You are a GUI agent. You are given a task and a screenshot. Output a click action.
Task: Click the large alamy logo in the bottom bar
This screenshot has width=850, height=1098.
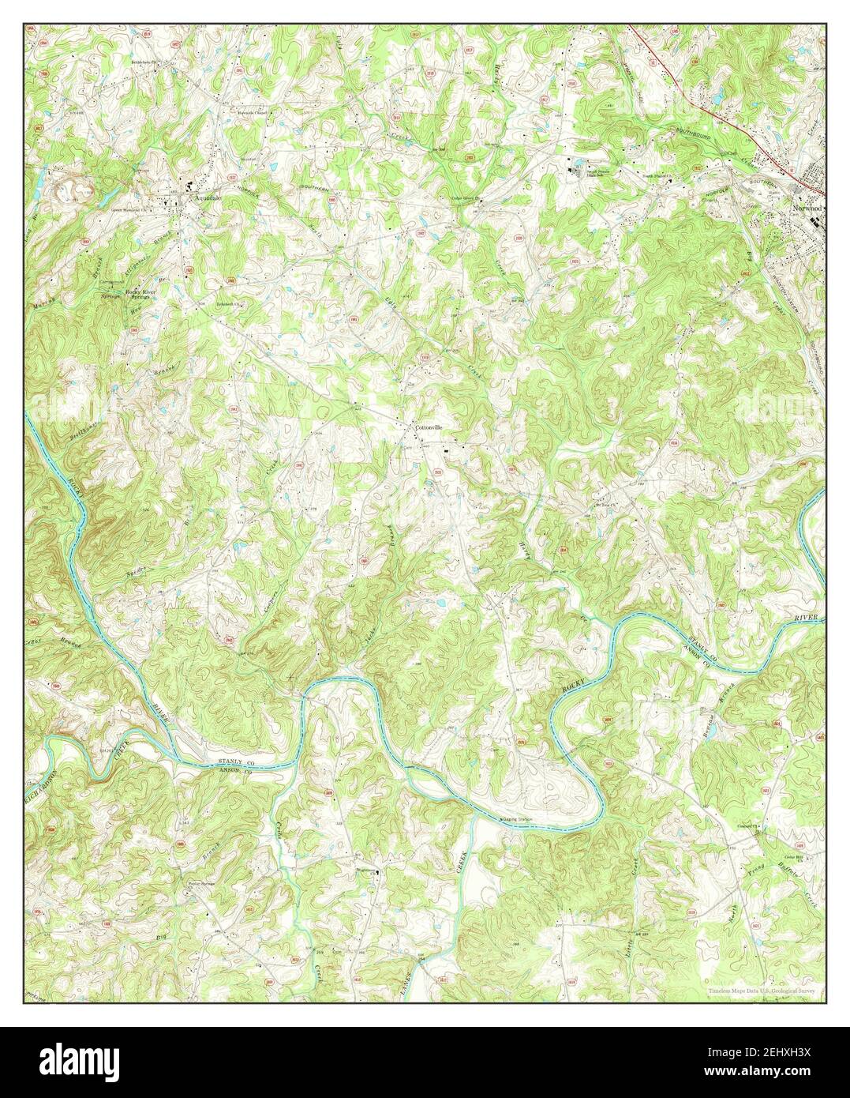point(92,1062)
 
